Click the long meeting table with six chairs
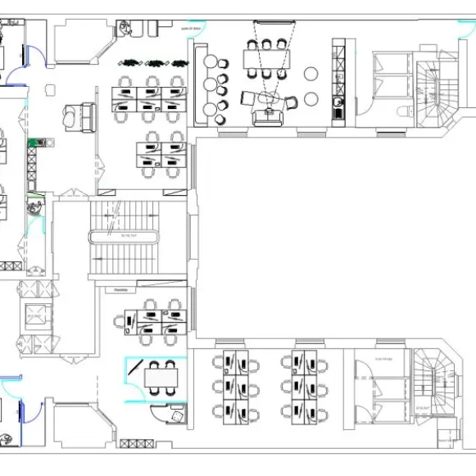click(x=265, y=60)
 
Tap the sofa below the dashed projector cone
click(x=267, y=117)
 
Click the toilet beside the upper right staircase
click(x=401, y=111)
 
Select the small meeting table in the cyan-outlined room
click(x=161, y=378)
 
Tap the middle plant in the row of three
click(x=154, y=61)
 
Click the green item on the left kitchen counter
click(x=34, y=143)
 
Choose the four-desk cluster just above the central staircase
click(x=162, y=154)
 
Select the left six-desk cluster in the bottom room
click(x=234, y=385)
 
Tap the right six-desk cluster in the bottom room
click(x=304, y=385)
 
